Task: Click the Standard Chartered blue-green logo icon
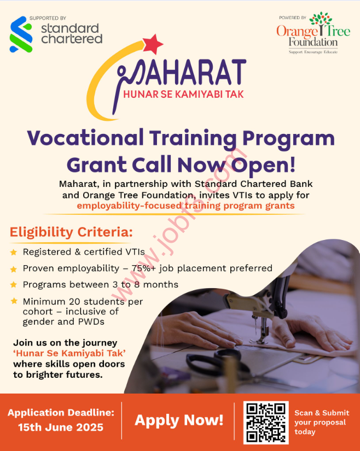[21, 34]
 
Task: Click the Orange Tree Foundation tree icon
[321, 22]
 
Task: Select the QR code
[266, 423]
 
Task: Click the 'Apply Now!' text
[179, 420]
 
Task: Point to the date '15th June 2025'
[61, 427]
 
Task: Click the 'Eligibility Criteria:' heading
[71, 232]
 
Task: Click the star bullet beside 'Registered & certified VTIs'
[14, 252]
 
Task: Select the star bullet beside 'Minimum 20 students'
[14, 301]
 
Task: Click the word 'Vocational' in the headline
[85, 138]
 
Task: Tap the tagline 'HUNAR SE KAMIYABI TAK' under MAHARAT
[184, 94]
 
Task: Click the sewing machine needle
[256, 326]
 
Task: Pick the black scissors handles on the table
[214, 361]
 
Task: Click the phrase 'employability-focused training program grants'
[185, 206]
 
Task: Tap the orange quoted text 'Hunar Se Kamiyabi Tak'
[69, 353]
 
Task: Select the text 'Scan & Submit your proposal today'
[322, 422]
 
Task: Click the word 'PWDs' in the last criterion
[90, 321]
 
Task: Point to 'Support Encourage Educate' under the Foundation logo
[313, 52]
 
